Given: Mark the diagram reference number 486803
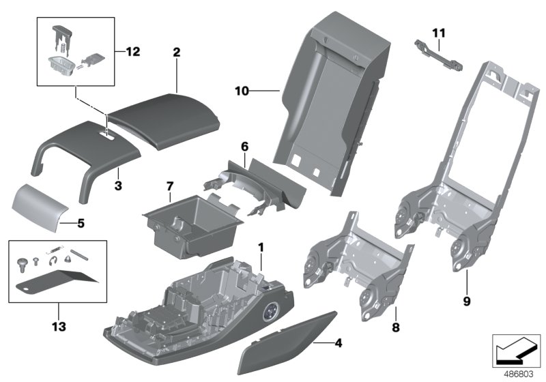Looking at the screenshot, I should click(x=518, y=373).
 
